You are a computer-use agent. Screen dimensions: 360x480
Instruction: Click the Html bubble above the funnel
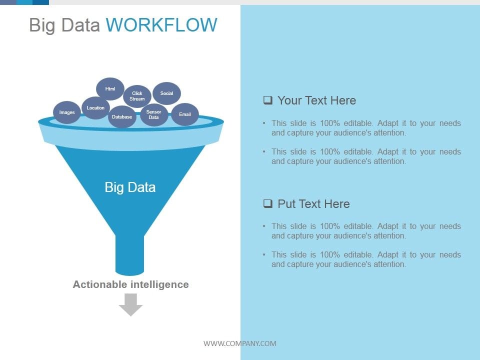tap(110, 89)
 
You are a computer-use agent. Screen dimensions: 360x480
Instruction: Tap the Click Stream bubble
tap(137, 96)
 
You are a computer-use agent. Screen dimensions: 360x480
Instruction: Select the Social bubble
tap(166, 93)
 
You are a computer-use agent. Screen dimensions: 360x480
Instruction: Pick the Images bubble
tap(67, 112)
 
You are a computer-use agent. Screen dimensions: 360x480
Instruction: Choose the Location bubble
tap(95, 108)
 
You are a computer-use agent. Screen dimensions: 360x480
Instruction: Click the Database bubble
tap(122, 117)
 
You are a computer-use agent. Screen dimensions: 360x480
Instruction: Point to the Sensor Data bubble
tap(153, 115)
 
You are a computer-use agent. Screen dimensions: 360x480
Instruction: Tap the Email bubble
tap(185, 114)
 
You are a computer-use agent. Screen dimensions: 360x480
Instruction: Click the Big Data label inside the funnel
tap(130, 187)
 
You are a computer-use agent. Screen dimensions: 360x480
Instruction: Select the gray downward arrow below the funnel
tap(130, 304)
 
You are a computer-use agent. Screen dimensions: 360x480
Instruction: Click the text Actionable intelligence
tap(130, 284)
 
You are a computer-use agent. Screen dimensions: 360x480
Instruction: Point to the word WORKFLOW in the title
tap(161, 25)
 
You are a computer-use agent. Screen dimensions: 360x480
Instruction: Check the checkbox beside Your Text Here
tap(268, 100)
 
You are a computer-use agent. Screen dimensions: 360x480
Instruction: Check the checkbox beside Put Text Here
tap(268, 203)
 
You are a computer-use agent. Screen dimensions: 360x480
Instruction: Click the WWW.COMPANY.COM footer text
tap(239, 343)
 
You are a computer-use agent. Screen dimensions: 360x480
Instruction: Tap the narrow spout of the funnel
tap(130, 255)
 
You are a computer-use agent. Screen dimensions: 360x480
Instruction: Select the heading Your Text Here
tap(316, 100)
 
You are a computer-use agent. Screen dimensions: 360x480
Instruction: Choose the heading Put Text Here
tap(313, 204)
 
